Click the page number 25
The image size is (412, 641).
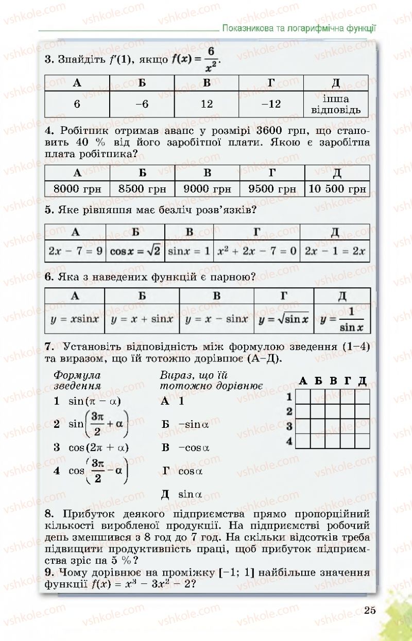click(369, 611)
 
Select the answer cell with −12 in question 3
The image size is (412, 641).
click(271, 104)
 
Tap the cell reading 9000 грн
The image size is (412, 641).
click(207, 189)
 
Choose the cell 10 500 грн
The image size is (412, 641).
click(337, 189)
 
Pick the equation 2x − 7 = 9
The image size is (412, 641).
click(76, 251)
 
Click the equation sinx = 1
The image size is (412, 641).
click(189, 251)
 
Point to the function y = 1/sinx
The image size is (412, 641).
click(342, 319)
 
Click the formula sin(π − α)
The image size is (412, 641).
click(91, 401)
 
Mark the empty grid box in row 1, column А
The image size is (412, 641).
click(303, 396)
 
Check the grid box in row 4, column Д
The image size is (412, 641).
click(362, 441)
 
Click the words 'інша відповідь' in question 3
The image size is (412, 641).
click(336, 104)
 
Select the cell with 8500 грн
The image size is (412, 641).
click(143, 189)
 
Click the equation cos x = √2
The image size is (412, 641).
click(135, 251)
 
